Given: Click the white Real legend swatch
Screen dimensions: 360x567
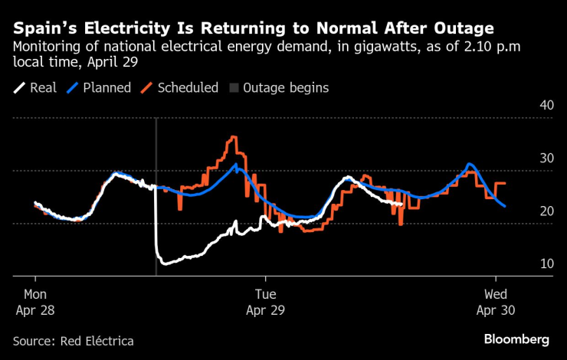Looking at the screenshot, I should (19, 87).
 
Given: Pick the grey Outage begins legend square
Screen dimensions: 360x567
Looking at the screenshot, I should (234, 87).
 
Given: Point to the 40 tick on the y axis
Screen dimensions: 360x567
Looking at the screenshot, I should (547, 105).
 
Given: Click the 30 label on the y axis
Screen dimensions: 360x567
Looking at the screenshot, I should (547, 158).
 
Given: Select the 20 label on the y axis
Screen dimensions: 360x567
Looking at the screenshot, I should (547, 211).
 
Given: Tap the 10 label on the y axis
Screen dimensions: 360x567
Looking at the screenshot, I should (547, 263).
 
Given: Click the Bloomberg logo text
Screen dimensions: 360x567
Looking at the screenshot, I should (516, 339).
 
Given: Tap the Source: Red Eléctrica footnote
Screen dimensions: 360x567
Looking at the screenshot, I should (73, 340).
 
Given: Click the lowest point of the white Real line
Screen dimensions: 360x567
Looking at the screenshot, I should (163, 264).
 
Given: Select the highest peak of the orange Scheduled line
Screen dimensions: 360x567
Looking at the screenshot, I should (233, 138).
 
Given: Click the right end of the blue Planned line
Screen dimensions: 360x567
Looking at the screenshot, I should (504, 206).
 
